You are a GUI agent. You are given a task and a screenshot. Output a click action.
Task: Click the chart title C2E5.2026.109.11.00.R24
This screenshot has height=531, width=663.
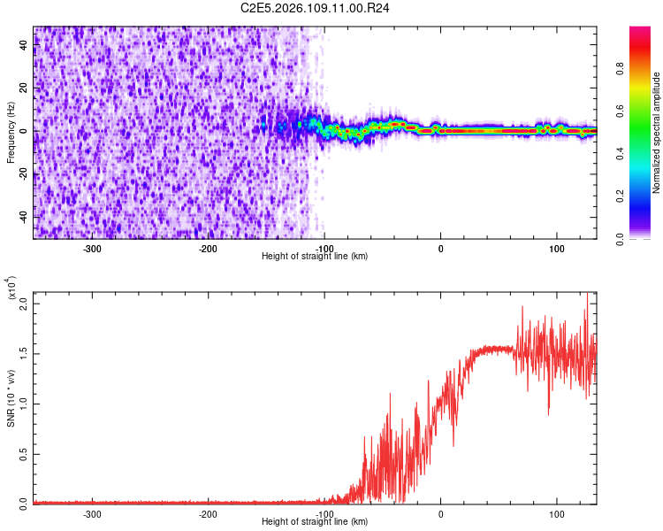coord(316,8)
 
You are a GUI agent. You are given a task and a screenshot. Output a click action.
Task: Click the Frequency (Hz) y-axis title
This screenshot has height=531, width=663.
coord(11,131)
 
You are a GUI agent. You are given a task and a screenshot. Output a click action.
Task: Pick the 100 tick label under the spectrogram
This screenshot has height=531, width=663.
coord(557,248)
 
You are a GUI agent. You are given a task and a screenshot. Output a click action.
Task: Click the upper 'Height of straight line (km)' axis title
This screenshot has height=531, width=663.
coord(315,256)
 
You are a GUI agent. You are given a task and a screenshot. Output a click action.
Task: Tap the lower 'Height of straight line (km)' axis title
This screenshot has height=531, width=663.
coord(315,522)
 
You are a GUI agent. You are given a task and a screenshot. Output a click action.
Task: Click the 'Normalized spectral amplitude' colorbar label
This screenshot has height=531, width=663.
coord(657,133)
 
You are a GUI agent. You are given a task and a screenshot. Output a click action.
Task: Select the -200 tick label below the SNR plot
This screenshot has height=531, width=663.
coord(209,513)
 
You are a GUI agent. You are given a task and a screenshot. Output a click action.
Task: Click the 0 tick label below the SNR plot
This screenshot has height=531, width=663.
coord(440,513)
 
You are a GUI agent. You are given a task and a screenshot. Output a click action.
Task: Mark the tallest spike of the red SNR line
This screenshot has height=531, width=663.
coord(587,294)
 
